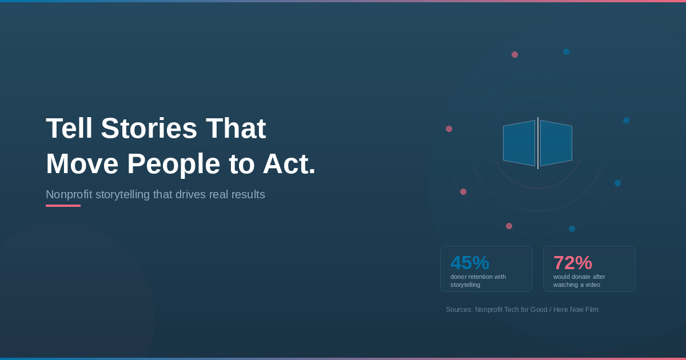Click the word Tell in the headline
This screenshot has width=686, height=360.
coord(69,128)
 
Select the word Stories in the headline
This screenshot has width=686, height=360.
coord(149,128)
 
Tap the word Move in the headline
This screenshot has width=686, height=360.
coord(82,164)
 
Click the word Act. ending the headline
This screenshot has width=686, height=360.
coord(289,164)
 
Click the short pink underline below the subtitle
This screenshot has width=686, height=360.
coord(63,206)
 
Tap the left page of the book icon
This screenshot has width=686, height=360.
coord(519,143)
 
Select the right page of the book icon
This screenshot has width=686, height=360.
coord(556,143)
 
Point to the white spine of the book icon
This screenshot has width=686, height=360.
coord(538,143)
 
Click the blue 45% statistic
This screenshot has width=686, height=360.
coord(470,263)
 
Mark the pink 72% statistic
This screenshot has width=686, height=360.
coord(573,263)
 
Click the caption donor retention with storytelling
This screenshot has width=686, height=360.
coord(478,281)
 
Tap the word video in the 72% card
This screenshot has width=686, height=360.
coord(593,285)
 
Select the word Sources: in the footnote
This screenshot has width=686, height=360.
coord(460,310)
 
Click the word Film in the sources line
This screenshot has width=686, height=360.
coord(592,310)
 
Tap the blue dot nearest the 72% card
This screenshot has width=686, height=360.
coord(572,229)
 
